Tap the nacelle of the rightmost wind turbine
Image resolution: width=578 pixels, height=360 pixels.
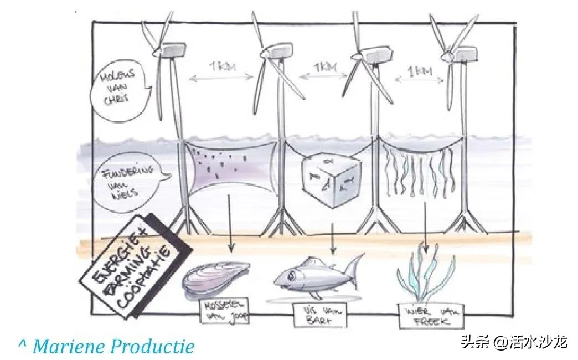pos(465,54)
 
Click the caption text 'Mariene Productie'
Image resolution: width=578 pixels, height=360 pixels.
pos(113,347)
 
